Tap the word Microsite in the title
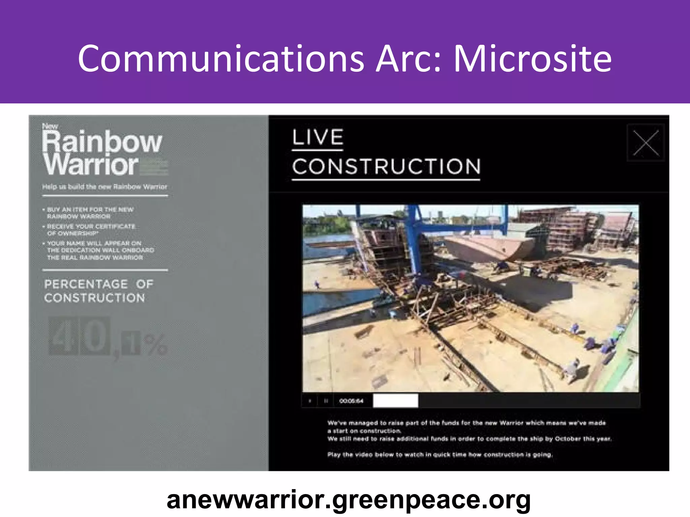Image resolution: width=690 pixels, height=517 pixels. coord(532,59)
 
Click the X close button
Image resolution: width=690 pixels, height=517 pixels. coord(646,143)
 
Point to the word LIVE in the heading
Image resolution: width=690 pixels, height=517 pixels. coord(318,137)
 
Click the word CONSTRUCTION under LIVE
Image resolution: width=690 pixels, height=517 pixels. coord(386,167)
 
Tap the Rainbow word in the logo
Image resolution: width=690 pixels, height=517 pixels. coord(102,142)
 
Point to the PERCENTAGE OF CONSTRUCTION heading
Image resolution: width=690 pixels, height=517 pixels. coord(98,291)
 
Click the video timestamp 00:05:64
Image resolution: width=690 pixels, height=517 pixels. coord(351,401)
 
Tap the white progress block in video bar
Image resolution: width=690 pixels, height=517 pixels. coord(396,401)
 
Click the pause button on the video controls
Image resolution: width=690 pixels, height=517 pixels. coord(326,401)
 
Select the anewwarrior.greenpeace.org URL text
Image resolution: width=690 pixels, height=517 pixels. coord(348,500)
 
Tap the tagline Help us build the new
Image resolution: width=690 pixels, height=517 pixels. coord(104,187)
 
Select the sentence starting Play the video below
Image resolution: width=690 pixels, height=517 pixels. coord(440,455)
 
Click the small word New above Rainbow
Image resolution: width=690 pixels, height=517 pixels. coord(50,127)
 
